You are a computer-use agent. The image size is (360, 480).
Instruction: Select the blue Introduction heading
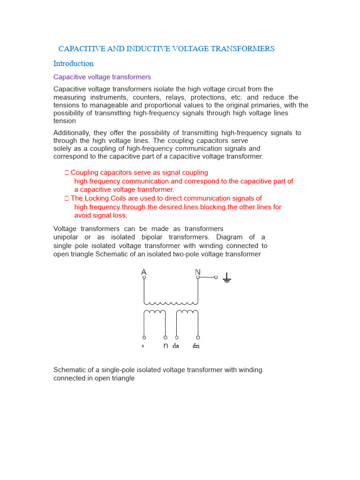[x=74, y=64]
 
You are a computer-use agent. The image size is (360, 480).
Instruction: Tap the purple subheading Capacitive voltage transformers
[x=102, y=77]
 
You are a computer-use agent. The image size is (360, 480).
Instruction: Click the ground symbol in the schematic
[x=227, y=278]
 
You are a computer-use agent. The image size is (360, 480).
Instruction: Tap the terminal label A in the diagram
[x=144, y=272]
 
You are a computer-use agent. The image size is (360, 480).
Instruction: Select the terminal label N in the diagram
[x=197, y=272]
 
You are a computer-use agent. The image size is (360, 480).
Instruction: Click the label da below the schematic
[x=176, y=346]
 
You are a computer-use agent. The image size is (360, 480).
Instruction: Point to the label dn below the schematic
[x=196, y=346]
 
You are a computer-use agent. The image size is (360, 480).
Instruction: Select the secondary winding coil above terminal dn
[x=187, y=313]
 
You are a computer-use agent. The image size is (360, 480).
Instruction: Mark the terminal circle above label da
[x=177, y=337]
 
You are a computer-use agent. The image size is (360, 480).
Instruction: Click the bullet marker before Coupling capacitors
[x=67, y=173]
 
